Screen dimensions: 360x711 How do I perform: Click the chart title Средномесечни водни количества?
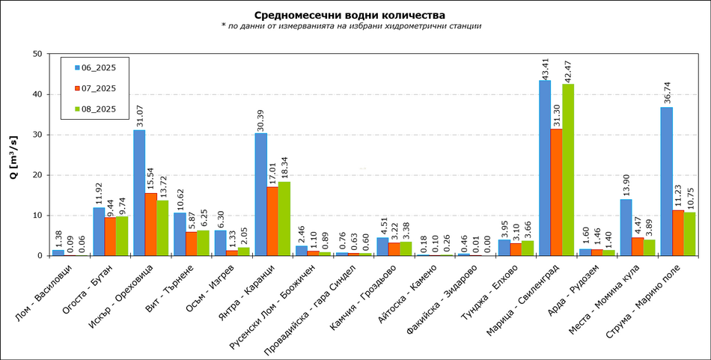pyautogui.click(x=350, y=15)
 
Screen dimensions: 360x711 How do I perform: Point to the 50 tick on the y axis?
pyautogui.click(x=37, y=54)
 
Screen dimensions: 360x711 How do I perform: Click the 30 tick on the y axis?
pyautogui.click(x=37, y=135)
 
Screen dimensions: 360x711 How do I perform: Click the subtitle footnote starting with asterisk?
pyautogui.click(x=350, y=26)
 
